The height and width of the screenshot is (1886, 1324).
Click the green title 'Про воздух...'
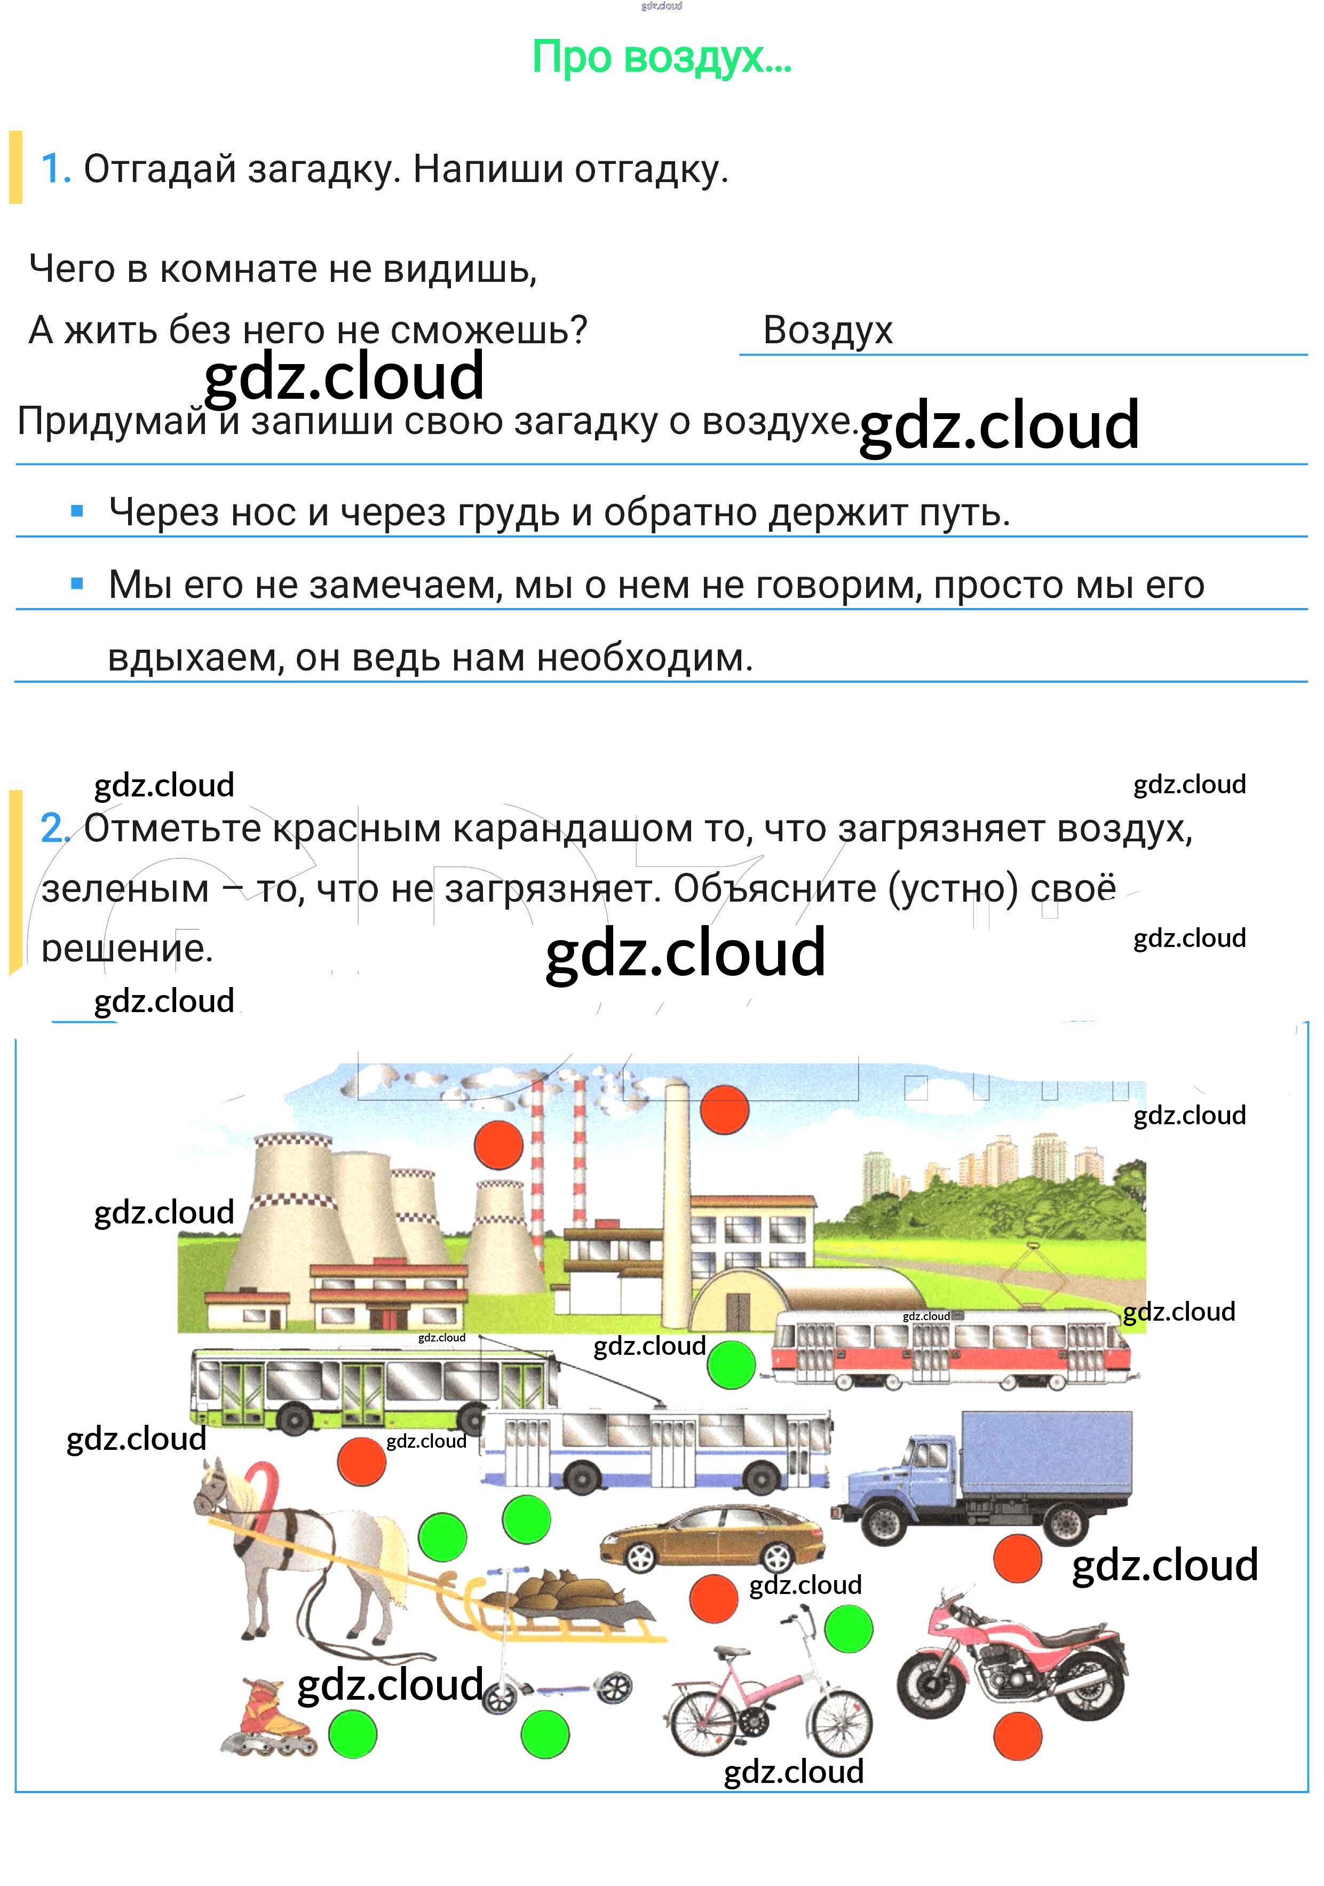[x=661, y=58]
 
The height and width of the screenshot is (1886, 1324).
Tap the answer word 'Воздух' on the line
[x=827, y=330]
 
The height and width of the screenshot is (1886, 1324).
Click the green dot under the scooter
[x=544, y=1735]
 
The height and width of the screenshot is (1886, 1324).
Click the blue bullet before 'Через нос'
[x=77, y=512]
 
